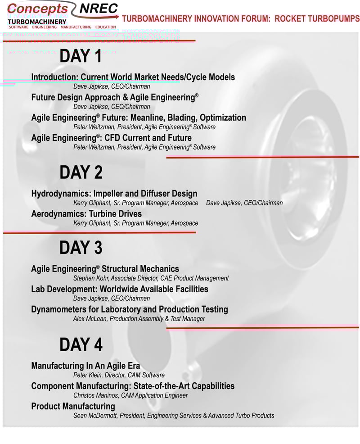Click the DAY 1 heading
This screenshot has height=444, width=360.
click(81, 57)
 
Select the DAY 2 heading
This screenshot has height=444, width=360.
click(81, 172)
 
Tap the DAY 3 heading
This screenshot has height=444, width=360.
click(81, 248)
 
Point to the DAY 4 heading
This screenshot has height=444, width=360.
click(81, 344)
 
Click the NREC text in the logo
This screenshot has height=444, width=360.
click(99, 9)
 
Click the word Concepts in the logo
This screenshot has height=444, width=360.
click(37, 9)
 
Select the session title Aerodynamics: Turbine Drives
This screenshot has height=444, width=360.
click(86, 214)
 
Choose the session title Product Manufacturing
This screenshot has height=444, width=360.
click(73, 406)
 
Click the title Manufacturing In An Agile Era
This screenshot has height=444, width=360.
click(85, 366)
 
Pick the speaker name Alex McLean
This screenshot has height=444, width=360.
click(90, 319)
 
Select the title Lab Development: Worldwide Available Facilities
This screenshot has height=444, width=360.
click(120, 289)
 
